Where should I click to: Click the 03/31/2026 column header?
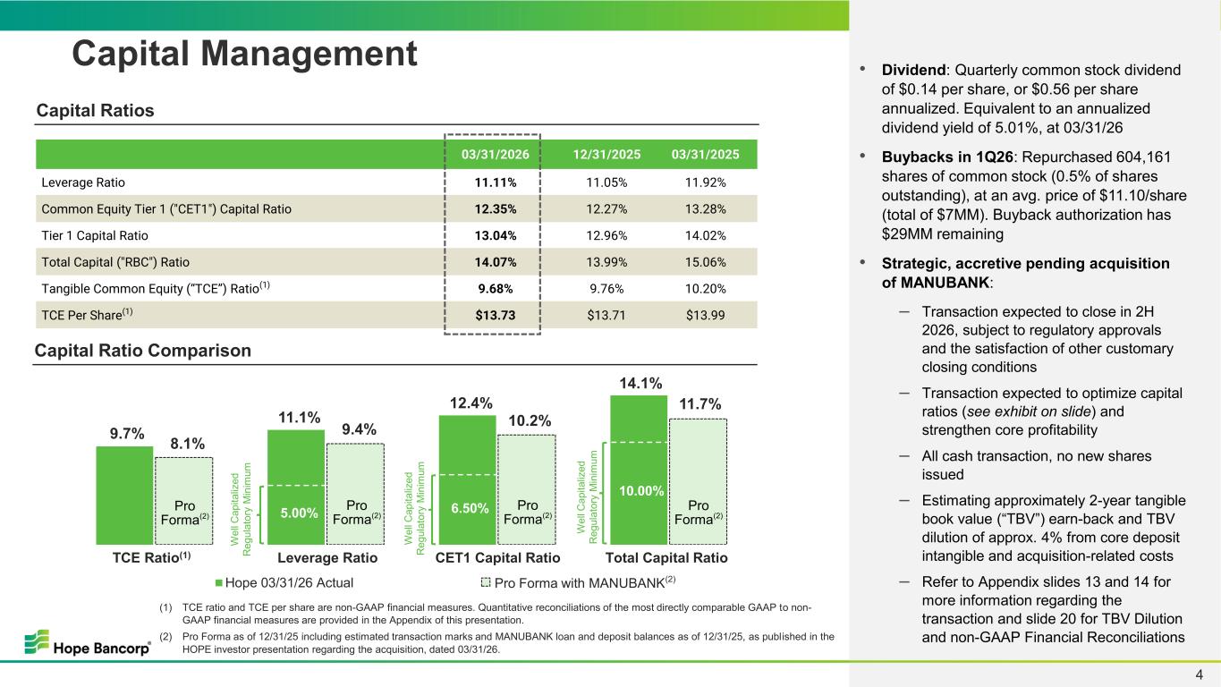tap(495, 154)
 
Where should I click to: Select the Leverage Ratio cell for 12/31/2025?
tap(606, 182)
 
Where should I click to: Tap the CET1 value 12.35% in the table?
tap(495, 209)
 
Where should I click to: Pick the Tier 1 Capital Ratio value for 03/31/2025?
tap(706, 235)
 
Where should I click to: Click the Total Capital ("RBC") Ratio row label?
tap(115, 262)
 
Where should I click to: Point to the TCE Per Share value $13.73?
tap(495, 315)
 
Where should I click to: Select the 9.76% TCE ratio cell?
tap(606, 288)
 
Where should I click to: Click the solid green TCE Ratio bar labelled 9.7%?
tap(124, 495)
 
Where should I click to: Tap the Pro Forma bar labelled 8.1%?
tap(183, 501)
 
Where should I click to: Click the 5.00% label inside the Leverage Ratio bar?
tap(299, 513)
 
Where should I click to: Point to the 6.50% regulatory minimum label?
tap(470, 508)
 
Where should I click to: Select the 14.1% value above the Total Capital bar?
tap(640, 383)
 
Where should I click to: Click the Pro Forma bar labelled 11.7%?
tap(698, 481)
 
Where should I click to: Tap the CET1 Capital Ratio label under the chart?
tap(497, 558)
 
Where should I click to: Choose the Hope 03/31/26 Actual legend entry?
tap(284, 583)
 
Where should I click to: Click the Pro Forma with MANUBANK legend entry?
tap(578, 582)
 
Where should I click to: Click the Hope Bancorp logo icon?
tap(37, 641)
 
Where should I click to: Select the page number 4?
tap(1200, 674)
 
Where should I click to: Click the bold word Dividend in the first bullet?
tap(913, 70)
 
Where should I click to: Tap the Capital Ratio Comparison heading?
tap(143, 350)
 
